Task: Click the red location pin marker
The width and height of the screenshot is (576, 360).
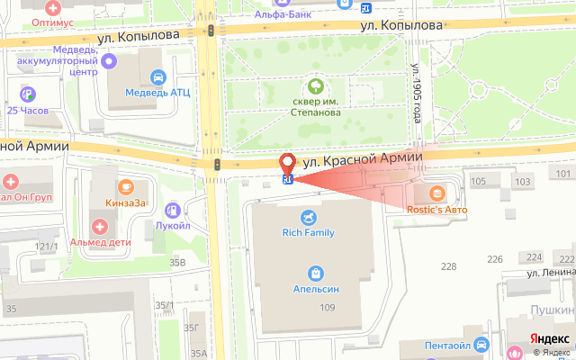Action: [x=288, y=164]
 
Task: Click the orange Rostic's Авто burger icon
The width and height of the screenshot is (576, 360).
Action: [x=436, y=193]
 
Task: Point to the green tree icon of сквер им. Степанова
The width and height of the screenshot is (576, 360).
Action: [x=316, y=86]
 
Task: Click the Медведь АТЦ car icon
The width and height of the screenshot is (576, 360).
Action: [x=158, y=78]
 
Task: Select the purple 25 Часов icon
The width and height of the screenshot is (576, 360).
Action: [x=29, y=93]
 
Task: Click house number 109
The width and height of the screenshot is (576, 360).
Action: [x=326, y=309]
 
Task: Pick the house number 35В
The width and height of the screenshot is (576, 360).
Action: [x=176, y=263]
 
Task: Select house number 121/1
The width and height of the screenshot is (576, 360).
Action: [x=46, y=246]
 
